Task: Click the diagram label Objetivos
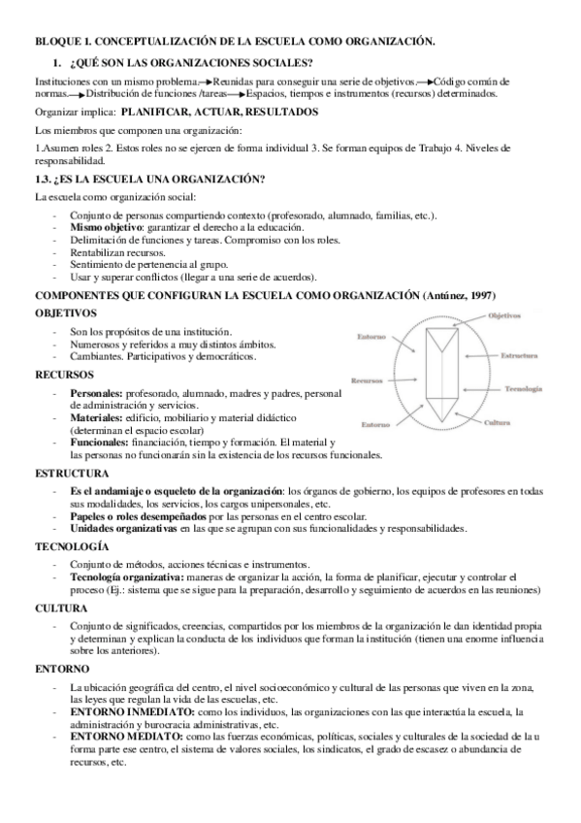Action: [504, 315]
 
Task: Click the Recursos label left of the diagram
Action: [367, 380]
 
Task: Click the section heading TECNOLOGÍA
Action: [72, 547]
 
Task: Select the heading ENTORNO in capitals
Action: [62, 670]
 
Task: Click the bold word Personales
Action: [96, 392]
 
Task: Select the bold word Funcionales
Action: [99, 442]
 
